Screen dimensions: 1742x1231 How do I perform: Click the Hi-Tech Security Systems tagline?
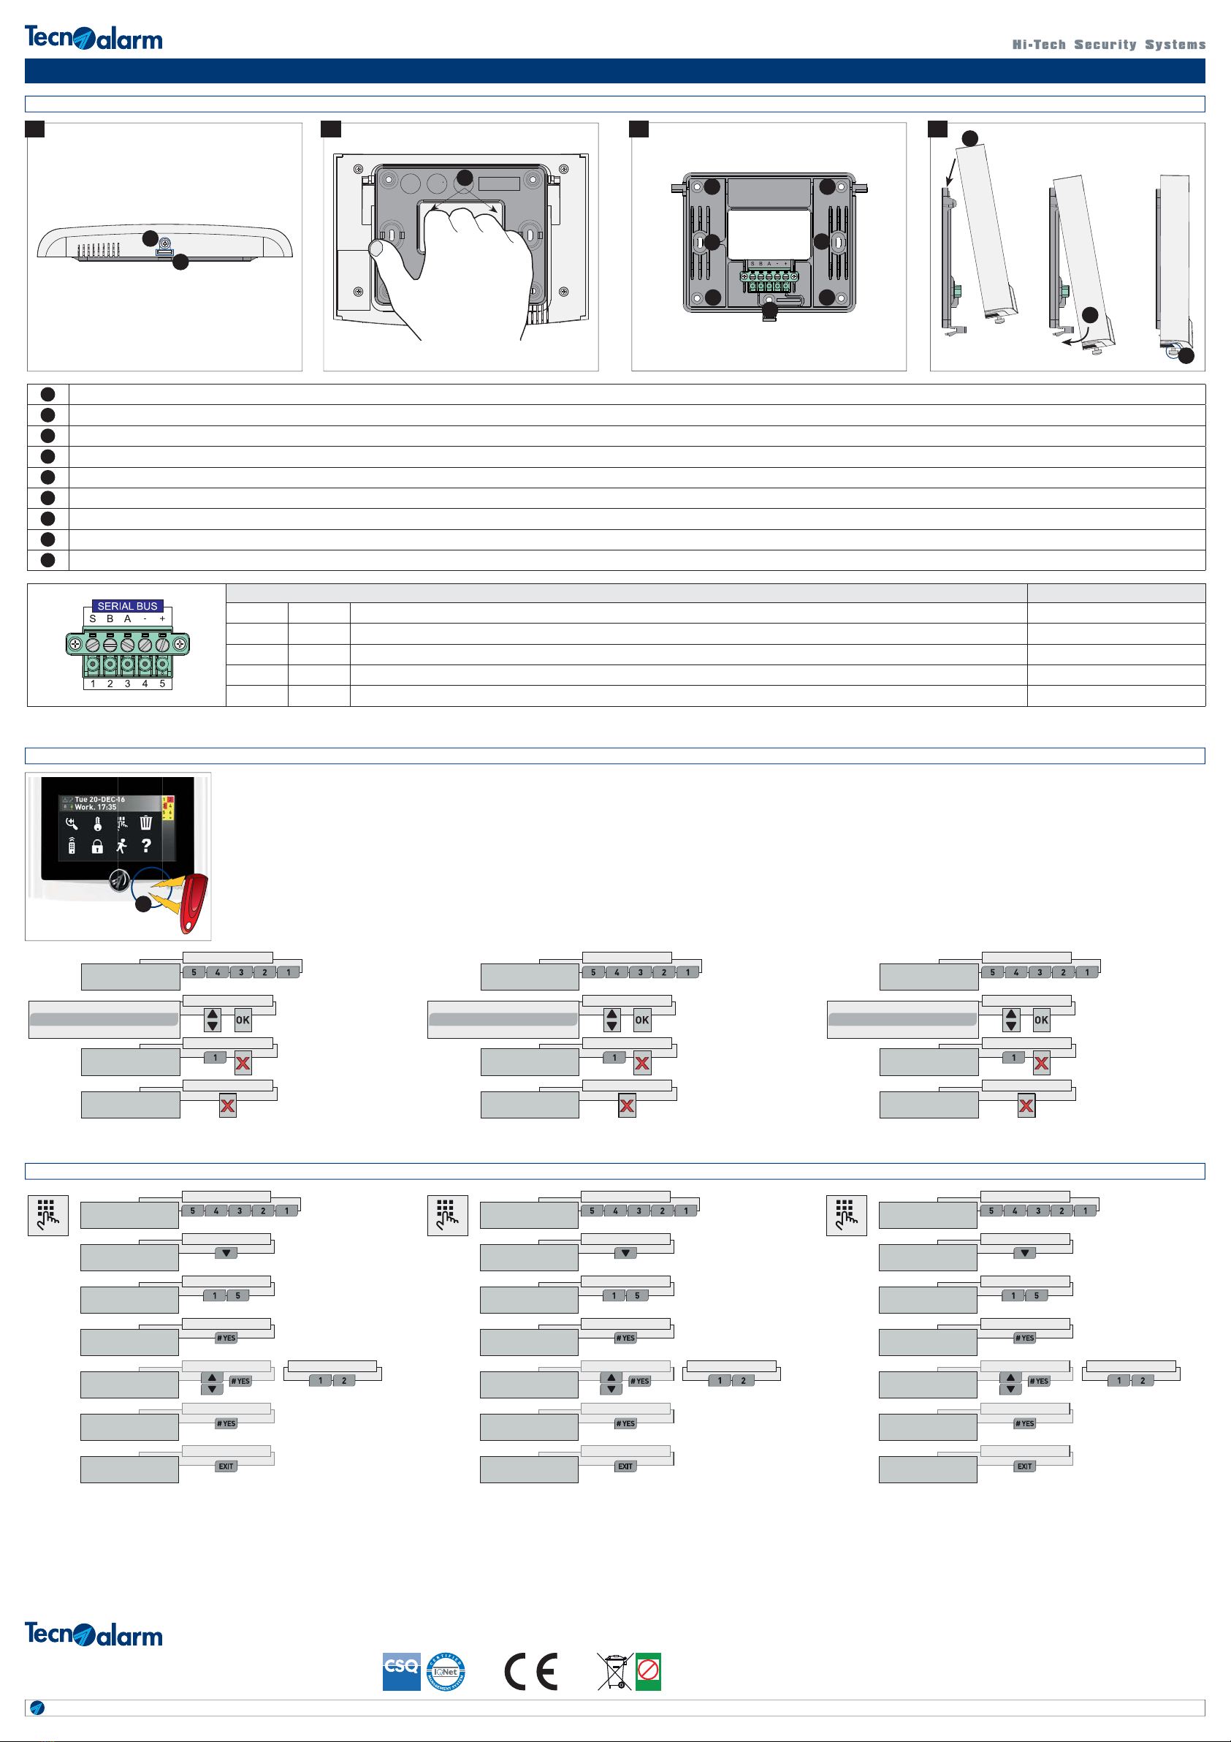[x=1108, y=45]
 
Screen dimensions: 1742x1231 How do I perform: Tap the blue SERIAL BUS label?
[x=127, y=606]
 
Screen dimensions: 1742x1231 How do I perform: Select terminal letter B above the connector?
[x=110, y=619]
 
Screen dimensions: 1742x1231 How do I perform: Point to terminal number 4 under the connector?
[x=145, y=683]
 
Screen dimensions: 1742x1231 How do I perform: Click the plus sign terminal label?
[x=162, y=619]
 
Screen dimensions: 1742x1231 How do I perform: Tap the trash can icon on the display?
[x=146, y=822]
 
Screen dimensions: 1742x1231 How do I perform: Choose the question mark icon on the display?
[x=146, y=845]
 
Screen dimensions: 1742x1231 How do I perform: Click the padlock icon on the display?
[x=97, y=847]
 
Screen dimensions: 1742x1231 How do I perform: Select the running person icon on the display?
[x=121, y=846]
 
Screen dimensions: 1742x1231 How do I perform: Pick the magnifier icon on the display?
[x=72, y=823]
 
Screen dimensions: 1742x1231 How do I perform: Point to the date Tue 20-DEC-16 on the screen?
[x=99, y=800]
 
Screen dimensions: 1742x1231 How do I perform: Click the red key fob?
[x=194, y=903]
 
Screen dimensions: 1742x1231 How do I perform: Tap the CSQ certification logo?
[x=401, y=1670]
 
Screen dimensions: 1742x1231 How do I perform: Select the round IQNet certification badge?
[x=446, y=1671]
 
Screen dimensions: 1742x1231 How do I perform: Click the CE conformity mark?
[x=531, y=1671]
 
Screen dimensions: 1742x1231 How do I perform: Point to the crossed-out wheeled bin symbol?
[x=614, y=1671]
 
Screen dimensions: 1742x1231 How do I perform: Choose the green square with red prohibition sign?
[x=649, y=1671]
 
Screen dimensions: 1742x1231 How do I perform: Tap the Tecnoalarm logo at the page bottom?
[x=94, y=1634]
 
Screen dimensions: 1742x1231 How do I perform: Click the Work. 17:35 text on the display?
[x=96, y=807]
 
